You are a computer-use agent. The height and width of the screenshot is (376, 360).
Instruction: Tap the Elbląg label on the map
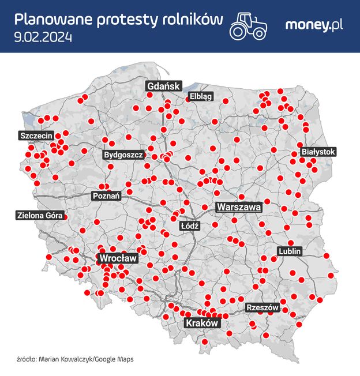point(201,97)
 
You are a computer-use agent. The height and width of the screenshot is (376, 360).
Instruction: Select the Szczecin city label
point(36,136)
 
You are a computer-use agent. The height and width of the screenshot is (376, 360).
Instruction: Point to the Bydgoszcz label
point(123,155)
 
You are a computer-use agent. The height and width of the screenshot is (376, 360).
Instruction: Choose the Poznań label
point(107,196)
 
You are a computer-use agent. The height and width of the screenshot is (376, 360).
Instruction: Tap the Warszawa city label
point(239,206)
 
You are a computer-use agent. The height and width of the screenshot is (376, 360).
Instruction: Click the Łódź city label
point(189,226)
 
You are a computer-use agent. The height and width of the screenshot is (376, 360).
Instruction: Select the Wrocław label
point(117,258)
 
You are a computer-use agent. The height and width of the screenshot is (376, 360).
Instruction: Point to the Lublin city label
point(290,251)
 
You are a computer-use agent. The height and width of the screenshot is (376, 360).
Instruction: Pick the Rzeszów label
point(262,308)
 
